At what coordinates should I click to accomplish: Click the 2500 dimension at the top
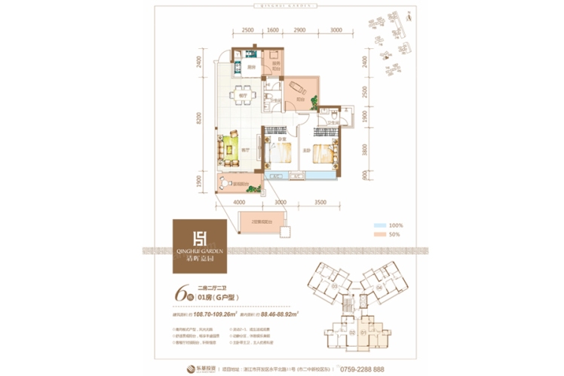tap(247, 30)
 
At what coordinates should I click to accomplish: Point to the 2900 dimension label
tap(299, 30)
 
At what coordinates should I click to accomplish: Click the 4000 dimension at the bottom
tap(240, 203)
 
